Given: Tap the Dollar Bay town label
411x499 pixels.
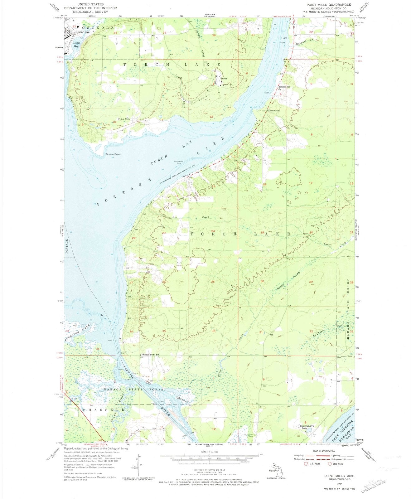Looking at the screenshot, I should point(71,32).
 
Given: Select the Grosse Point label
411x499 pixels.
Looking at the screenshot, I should point(104,154).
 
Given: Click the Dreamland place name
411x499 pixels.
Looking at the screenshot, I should point(274,111).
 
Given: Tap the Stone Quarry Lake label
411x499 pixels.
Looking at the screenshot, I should point(307,427).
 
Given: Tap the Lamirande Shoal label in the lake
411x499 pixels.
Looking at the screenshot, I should point(178,162).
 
